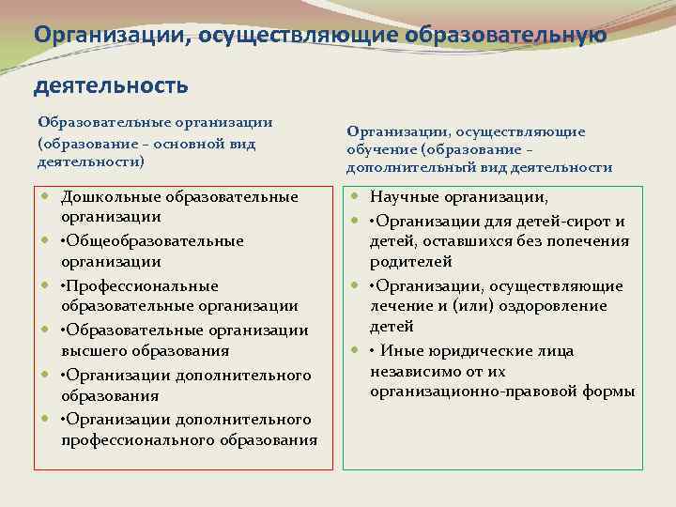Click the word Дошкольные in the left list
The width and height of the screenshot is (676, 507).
[x=111, y=197]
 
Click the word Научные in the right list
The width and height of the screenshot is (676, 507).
[x=401, y=197]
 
